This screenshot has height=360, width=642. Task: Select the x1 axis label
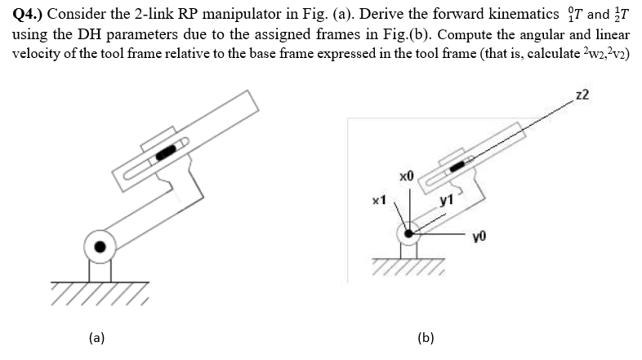point(377,199)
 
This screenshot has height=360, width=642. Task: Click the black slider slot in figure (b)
point(457,167)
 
